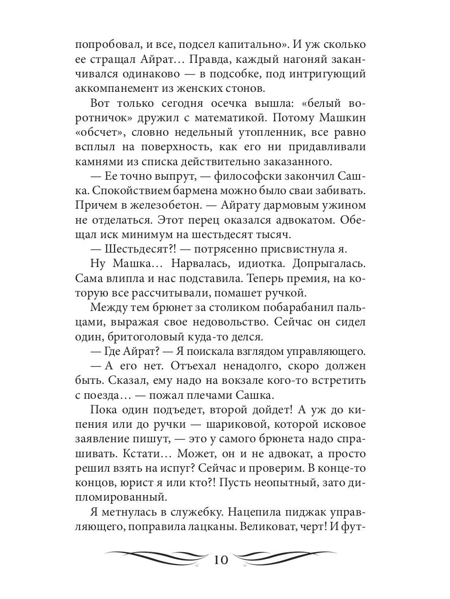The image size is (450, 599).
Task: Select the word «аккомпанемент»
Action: [x=115, y=89]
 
